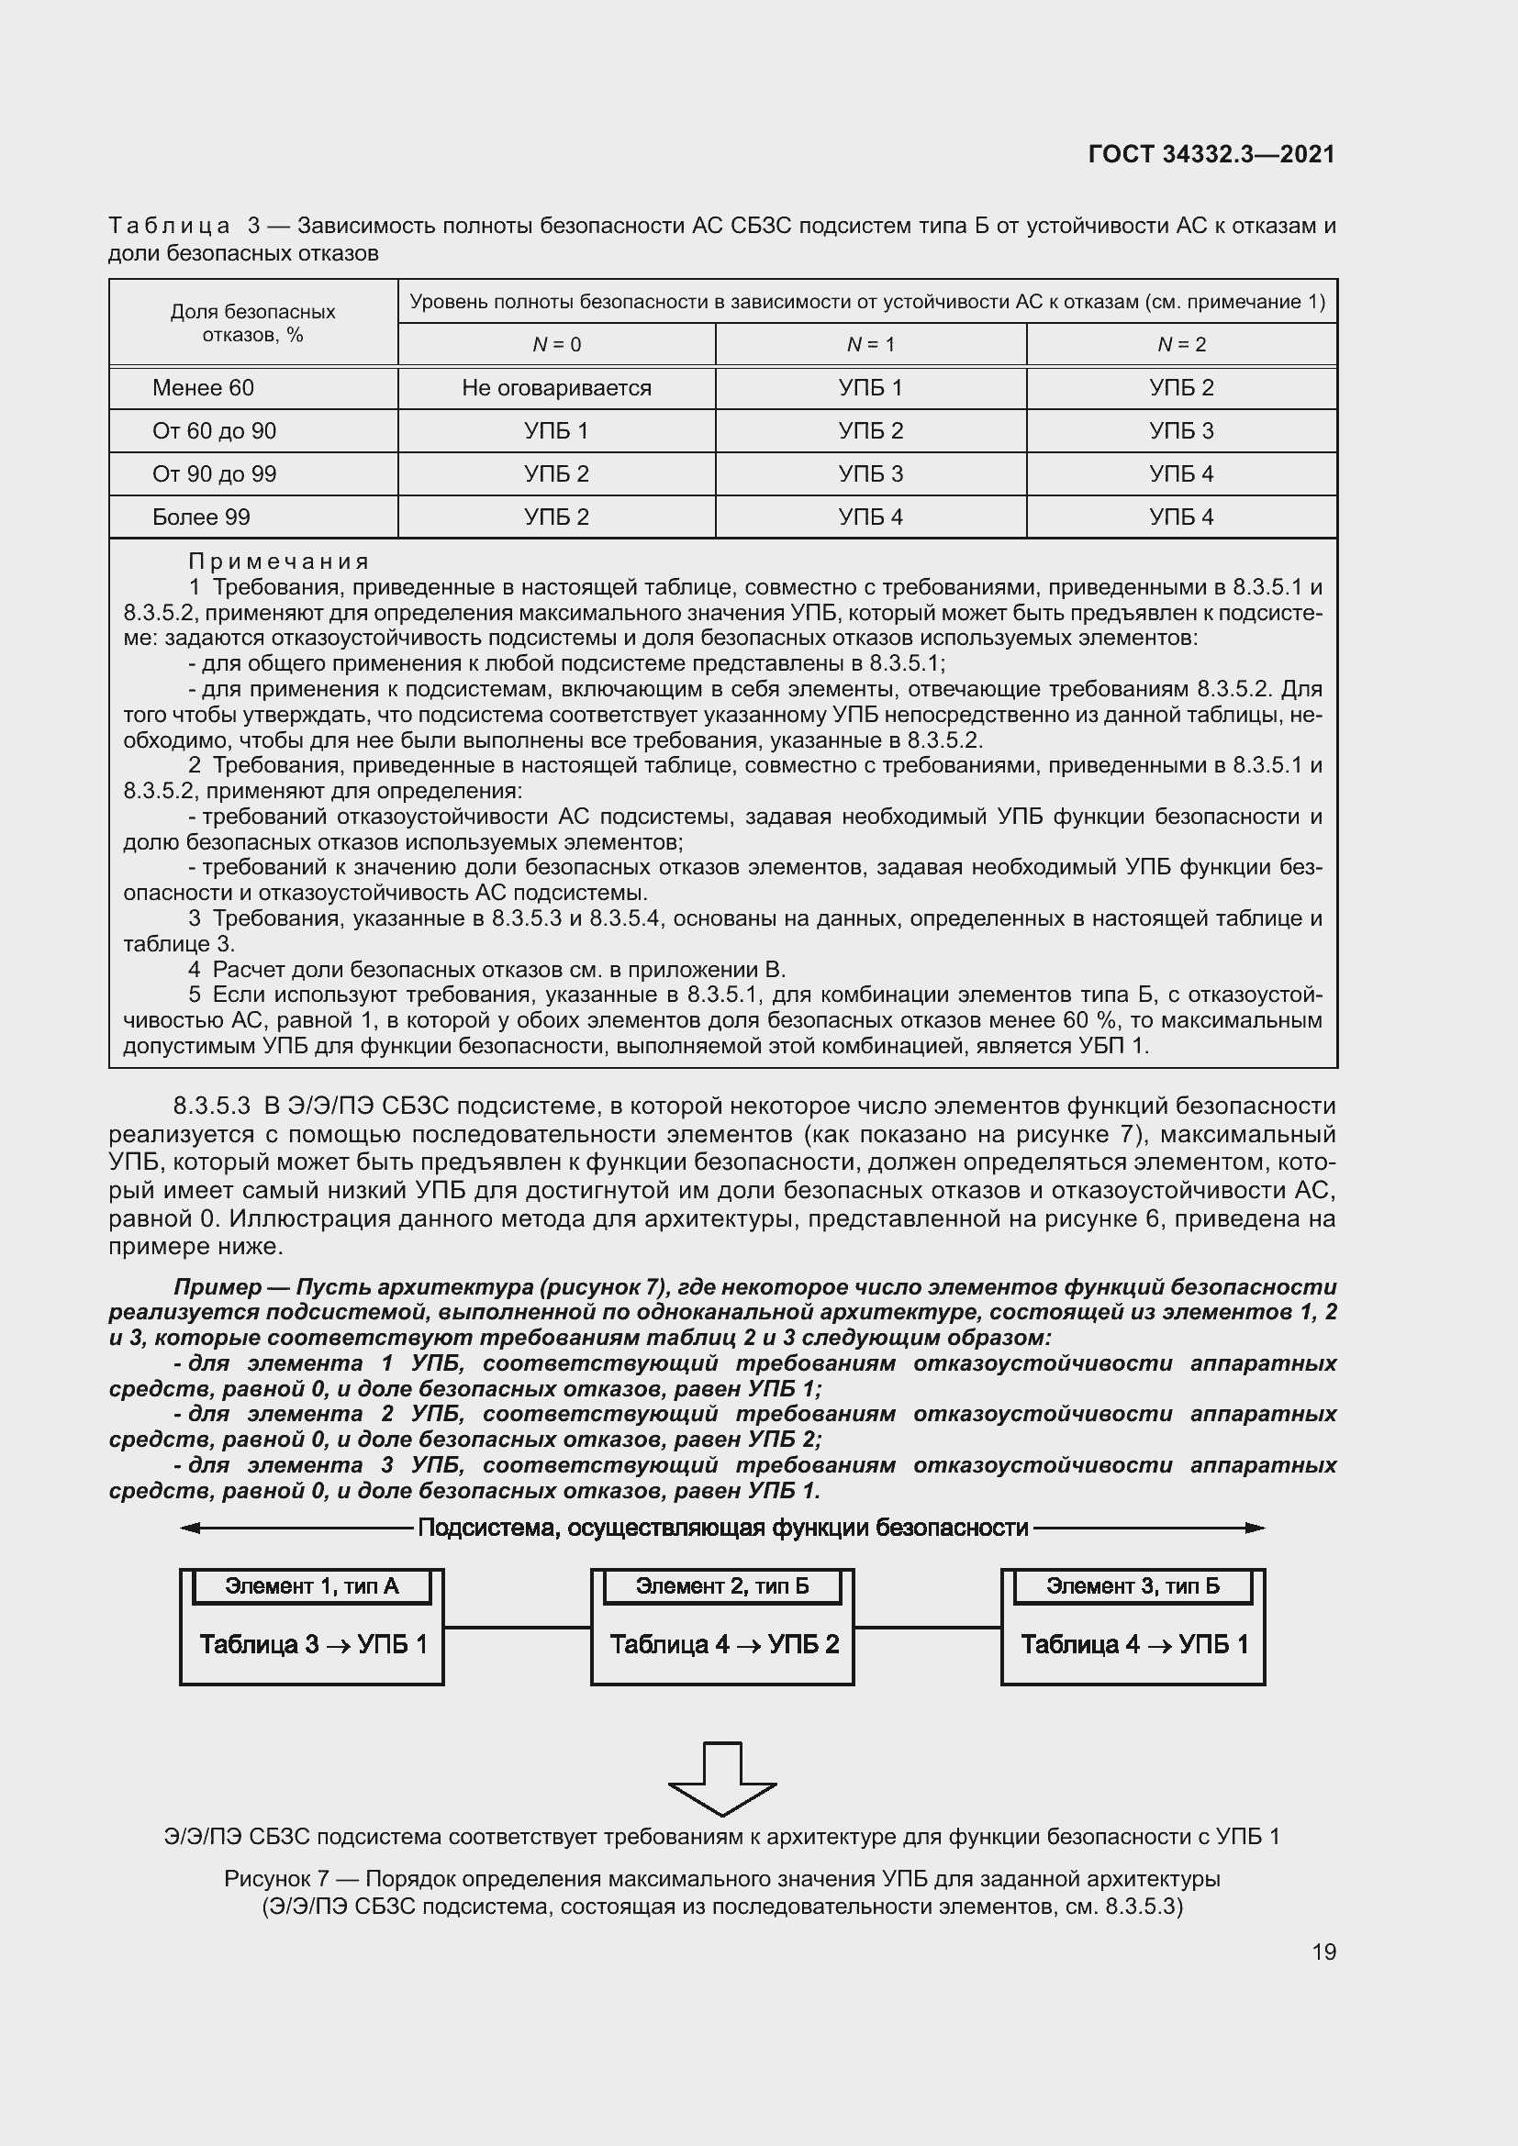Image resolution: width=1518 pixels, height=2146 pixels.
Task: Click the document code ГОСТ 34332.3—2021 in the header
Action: [x=1211, y=154]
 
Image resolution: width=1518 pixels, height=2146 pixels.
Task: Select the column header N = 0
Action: [x=556, y=345]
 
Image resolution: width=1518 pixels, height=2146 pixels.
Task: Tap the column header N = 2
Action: [x=1181, y=345]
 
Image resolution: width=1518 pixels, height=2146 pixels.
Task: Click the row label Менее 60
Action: [x=203, y=388]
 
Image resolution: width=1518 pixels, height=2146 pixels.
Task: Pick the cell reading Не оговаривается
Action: [x=556, y=388]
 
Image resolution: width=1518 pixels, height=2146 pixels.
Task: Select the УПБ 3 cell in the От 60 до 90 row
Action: [x=1181, y=431]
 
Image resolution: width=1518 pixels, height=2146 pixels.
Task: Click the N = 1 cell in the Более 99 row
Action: [x=870, y=517]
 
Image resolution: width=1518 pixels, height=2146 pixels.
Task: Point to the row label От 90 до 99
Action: [x=214, y=473]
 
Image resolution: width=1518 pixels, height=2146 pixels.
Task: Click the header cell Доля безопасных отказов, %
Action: [x=252, y=322]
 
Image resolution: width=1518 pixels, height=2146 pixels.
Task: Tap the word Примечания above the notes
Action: [x=279, y=562]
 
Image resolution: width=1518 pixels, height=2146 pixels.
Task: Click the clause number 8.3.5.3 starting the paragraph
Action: [x=211, y=1106]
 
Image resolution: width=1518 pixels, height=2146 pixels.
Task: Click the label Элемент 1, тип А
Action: [x=311, y=1585]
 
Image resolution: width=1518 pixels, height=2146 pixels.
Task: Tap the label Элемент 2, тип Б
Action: [x=721, y=1585]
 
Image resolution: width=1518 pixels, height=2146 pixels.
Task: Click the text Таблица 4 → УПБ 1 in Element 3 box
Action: [x=1133, y=1644]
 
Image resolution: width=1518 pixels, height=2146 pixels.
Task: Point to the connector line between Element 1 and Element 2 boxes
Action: [x=517, y=1628]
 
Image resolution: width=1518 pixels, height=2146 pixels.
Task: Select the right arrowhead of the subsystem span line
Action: [x=1256, y=1529]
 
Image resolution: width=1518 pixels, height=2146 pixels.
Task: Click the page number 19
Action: [x=1323, y=1951]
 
